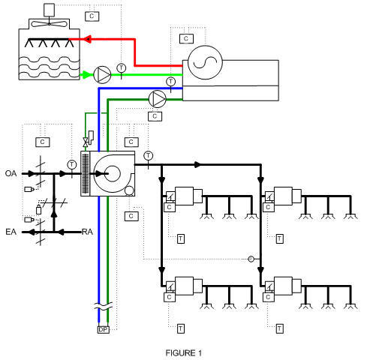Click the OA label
[x=11, y=173]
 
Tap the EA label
[x=11, y=232]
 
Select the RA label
[x=87, y=232]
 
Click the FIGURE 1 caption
[x=184, y=353]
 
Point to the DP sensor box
[x=103, y=330]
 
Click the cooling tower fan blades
[x=50, y=24]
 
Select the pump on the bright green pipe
[x=102, y=74]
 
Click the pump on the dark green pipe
[x=157, y=99]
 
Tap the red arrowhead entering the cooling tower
[x=87, y=39]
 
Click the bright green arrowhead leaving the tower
[x=86, y=75]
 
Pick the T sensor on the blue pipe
[x=170, y=81]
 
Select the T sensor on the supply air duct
[x=149, y=156]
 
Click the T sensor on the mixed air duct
[x=72, y=164]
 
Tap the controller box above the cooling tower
[x=92, y=16]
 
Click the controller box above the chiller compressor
[x=186, y=38]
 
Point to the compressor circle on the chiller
[x=205, y=62]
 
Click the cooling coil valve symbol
[x=86, y=142]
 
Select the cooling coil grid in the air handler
[x=86, y=174]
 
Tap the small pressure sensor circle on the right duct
[x=251, y=259]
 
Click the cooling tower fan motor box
[x=50, y=10]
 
